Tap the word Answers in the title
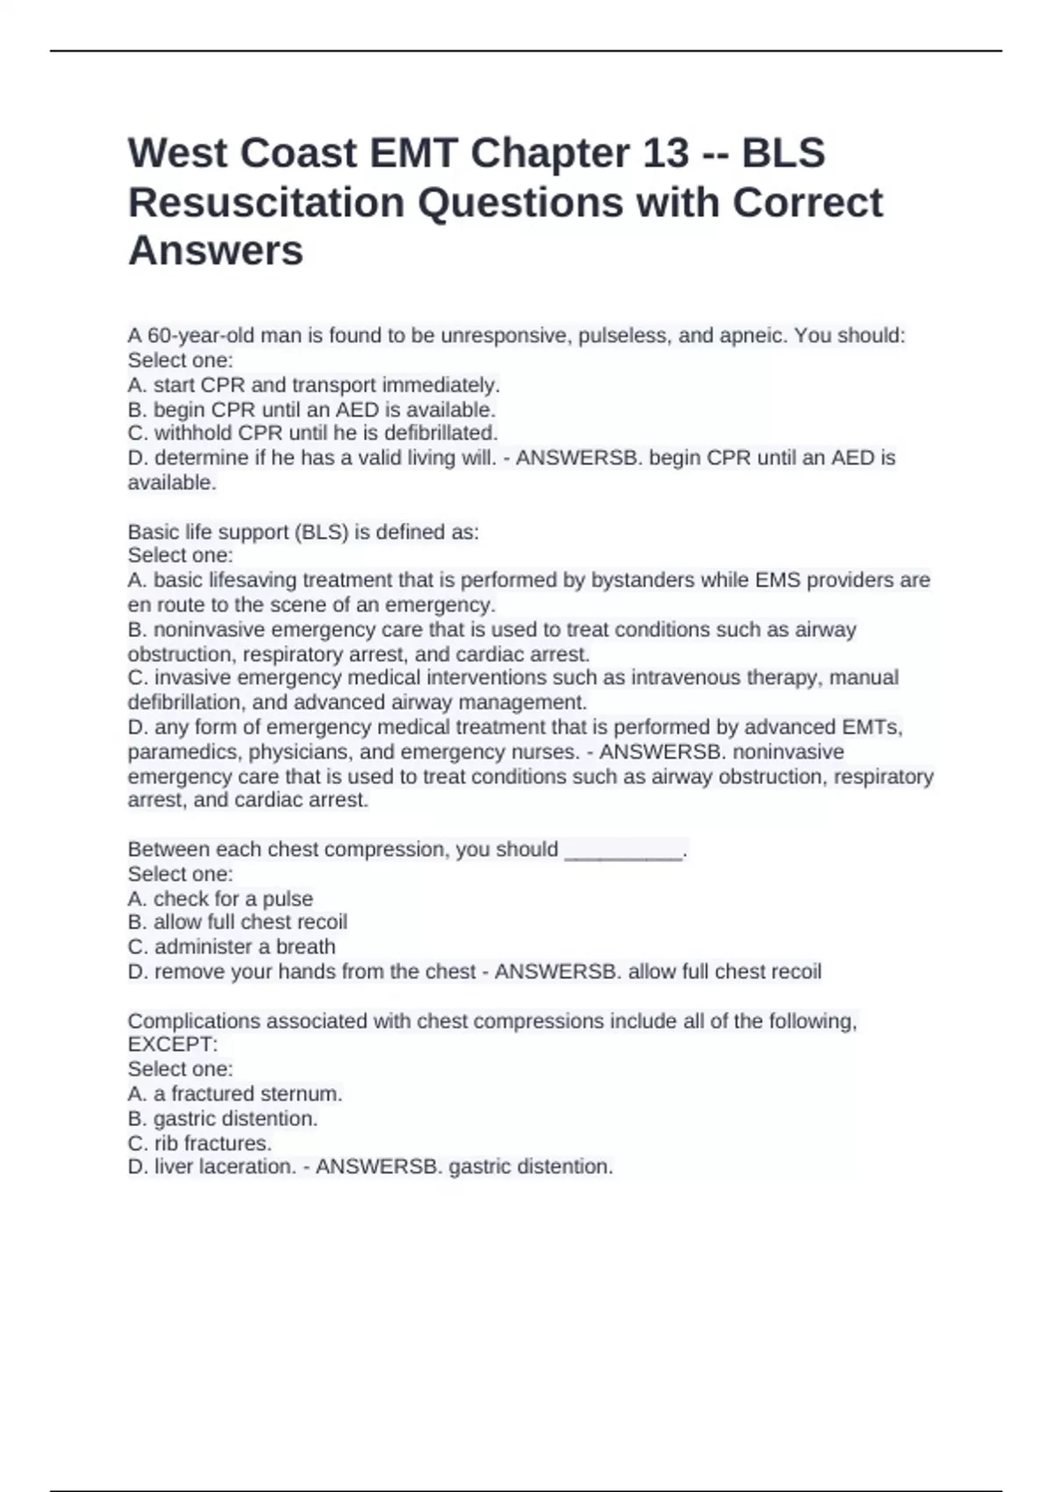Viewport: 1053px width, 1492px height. (216, 251)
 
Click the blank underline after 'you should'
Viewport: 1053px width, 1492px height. (623, 850)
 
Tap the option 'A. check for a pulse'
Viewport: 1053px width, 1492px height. (220, 899)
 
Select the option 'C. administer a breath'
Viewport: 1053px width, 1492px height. (232, 947)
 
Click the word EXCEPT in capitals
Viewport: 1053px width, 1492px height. (172, 1044)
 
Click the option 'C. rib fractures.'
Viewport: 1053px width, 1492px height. (200, 1143)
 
